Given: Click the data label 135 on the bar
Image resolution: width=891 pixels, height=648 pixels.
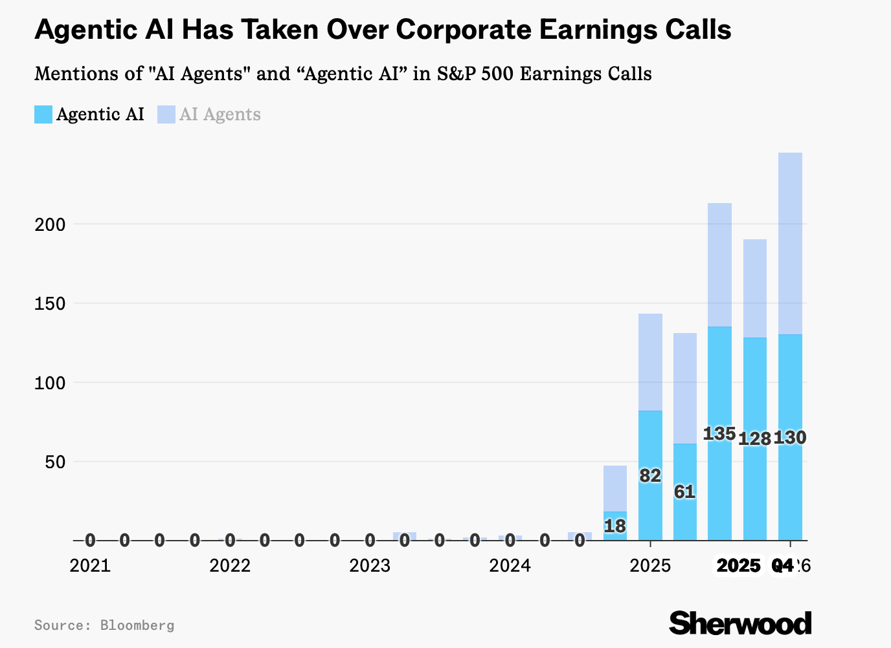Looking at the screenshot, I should coord(719,433).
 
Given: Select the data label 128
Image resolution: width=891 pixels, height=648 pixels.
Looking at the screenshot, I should coord(754,438).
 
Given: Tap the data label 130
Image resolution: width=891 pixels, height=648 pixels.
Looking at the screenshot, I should coord(790,437).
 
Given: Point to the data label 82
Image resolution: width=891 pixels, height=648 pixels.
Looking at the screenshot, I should coord(650,475).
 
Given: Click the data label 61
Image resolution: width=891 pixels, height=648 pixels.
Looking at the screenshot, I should coord(684,492).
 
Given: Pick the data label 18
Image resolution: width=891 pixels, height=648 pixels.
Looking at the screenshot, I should coord(615,526).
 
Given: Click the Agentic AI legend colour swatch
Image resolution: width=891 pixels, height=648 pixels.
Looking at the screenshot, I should coord(43,114).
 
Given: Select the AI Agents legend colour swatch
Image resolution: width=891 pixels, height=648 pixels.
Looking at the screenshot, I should coord(166,114).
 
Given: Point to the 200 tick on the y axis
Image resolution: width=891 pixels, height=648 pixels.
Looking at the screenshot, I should coord(51,224).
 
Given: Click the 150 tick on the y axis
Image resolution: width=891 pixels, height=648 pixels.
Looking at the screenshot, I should coord(51,303).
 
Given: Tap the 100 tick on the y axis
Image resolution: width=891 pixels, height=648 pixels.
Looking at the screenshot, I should coord(51,383).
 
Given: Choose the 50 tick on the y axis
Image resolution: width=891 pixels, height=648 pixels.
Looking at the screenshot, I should coord(55,462).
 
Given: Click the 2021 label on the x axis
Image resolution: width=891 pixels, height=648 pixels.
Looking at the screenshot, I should coord(90,566).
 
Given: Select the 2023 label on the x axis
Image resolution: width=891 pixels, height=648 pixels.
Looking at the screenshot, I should coord(370,566).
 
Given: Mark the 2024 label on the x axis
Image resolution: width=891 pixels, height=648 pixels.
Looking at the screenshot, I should coord(510,566).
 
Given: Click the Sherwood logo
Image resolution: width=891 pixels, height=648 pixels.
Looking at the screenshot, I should coord(739,623).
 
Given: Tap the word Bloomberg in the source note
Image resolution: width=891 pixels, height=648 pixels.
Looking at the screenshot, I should coord(137,625).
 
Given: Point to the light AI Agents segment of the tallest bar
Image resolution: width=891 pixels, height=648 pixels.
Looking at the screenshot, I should coord(790,243).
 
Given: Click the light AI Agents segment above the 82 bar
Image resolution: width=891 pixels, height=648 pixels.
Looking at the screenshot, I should coord(650,362).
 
